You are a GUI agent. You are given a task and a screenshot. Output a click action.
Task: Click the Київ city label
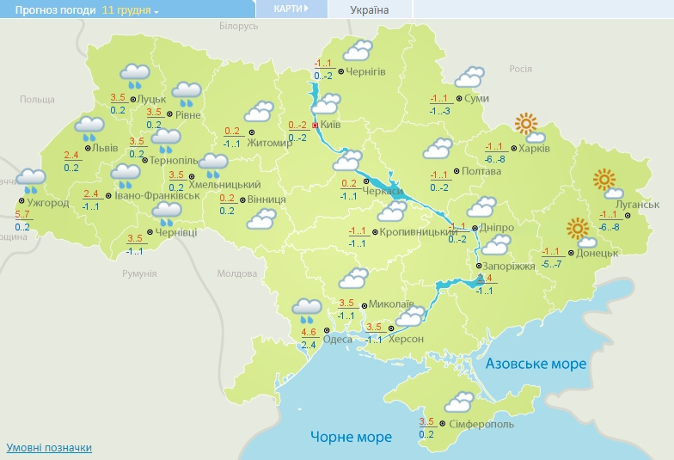tap(331, 126)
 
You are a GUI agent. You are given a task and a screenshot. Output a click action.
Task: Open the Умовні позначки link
tap(49, 448)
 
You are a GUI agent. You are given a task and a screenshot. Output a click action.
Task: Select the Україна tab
tap(370, 9)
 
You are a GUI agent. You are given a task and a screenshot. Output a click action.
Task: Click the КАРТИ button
tap(291, 9)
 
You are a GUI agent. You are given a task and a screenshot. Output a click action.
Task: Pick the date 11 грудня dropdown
tap(130, 9)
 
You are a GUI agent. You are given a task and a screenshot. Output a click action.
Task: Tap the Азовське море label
tap(536, 364)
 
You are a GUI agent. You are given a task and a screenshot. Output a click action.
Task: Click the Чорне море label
tap(351, 437)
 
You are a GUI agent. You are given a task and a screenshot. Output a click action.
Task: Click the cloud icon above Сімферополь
tap(458, 402)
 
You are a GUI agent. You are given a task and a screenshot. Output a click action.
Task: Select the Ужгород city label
tap(43, 203)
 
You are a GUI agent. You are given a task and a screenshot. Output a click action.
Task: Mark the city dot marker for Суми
tap(459, 98)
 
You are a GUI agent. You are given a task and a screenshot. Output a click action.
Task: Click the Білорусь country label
tap(238, 27)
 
